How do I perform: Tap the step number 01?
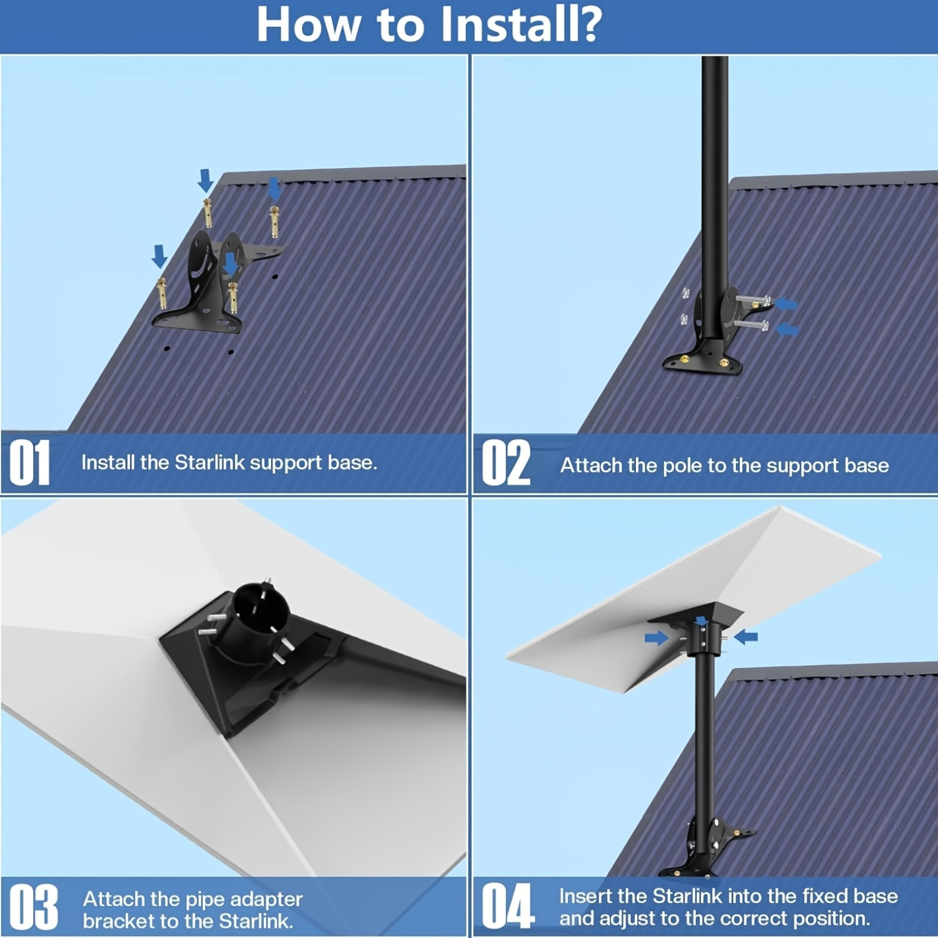[x=30, y=462]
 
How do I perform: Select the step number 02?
[x=506, y=463]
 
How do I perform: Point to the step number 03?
[x=34, y=907]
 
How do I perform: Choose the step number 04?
[x=508, y=906]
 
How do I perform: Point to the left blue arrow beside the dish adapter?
[x=657, y=638]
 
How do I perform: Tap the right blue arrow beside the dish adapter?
[x=746, y=637]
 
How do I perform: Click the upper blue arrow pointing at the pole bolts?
[x=787, y=304]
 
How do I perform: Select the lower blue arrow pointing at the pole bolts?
[x=788, y=328]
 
